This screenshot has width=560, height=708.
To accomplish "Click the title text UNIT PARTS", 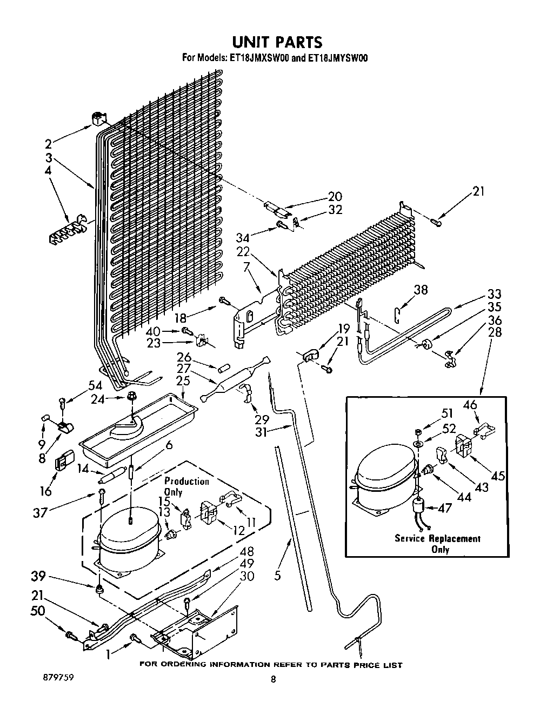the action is point(277,43).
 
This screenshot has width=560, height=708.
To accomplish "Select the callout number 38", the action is point(421,290).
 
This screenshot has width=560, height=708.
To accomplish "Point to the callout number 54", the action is point(95,385).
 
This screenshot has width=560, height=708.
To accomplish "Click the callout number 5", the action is point(277,575).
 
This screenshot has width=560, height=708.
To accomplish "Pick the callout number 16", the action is point(46,491).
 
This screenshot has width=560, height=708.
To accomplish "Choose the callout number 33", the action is point(494,294).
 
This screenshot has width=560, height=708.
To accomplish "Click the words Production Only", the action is point(186,486).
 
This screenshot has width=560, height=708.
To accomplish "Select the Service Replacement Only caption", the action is point(438,544).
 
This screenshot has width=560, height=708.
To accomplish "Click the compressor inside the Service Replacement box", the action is point(385,483).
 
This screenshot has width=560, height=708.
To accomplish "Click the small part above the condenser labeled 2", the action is point(98,119).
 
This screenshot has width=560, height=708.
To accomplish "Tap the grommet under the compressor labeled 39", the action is point(98,589).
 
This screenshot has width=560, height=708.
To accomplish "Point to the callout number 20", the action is point(335,196).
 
